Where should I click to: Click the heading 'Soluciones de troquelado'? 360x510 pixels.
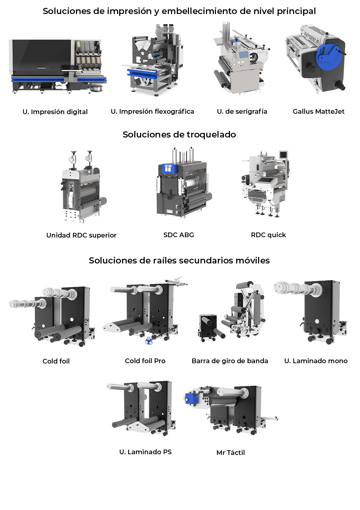(179, 135)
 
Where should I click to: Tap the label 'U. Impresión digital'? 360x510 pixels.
(55, 112)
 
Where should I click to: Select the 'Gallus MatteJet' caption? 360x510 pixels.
(319, 111)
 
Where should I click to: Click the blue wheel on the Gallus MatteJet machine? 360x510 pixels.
(328, 55)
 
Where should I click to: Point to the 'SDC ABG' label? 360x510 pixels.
(179, 235)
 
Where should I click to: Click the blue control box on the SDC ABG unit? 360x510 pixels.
(168, 168)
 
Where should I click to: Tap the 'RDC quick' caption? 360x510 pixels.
(269, 235)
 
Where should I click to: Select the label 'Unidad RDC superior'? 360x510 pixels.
(81, 235)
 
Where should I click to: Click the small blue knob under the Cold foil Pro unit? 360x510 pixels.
(148, 340)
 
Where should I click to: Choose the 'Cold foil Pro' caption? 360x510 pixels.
(145, 361)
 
